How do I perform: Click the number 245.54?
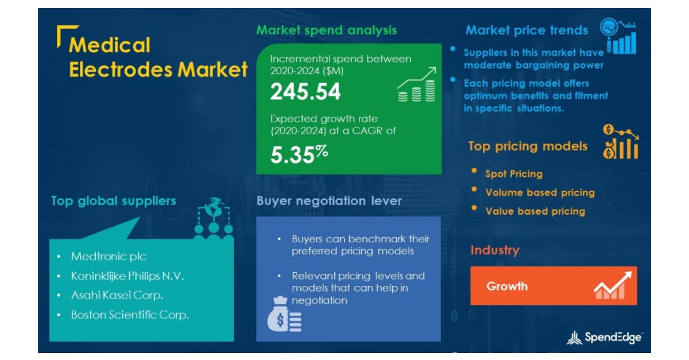(x=305, y=92)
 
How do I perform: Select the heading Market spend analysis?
(x=326, y=30)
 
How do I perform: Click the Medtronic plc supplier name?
(x=109, y=257)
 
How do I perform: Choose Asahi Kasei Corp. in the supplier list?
(x=117, y=296)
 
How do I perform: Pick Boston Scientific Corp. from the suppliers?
(x=130, y=315)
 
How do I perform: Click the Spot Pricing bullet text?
(x=513, y=173)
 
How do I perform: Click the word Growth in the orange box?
(x=506, y=286)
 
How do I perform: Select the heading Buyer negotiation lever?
(x=329, y=201)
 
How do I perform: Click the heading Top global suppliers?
(x=113, y=201)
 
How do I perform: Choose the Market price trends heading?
(x=527, y=30)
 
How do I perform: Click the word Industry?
(x=494, y=250)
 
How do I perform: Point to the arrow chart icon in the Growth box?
(x=612, y=285)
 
